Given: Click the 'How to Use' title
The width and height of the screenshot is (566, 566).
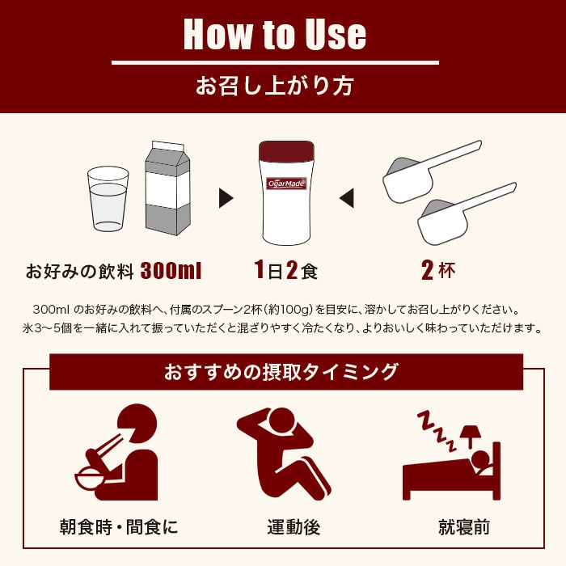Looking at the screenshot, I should (x=275, y=34).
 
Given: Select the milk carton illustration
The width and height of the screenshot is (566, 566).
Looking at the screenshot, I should (x=167, y=188).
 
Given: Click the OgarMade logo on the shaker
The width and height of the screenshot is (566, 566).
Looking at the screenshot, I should (x=285, y=184).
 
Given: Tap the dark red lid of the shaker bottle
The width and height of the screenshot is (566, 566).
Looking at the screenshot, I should (x=285, y=151).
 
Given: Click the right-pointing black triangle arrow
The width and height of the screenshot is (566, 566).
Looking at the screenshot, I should (x=226, y=197).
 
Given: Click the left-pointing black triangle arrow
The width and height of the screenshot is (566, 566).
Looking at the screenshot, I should (x=346, y=197).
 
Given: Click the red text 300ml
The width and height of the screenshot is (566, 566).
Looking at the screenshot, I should (x=171, y=270).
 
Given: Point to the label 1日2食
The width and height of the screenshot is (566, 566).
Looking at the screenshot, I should (x=285, y=270).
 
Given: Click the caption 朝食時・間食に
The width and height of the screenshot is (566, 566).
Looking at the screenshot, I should (x=119, y=528).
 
